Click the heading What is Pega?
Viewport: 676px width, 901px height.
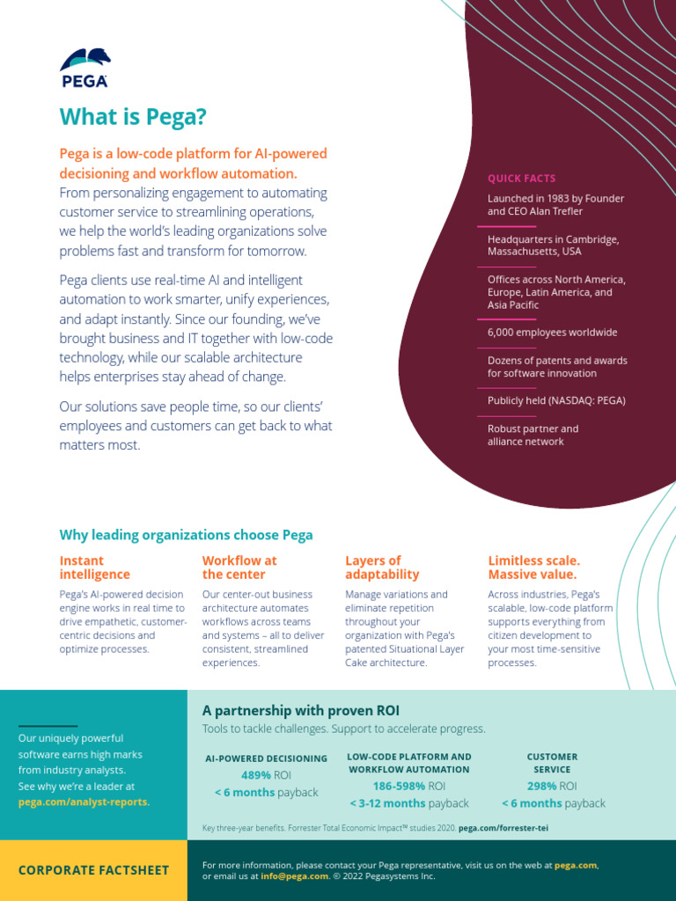pos(133,117)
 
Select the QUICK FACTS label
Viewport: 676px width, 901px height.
pos(521,179)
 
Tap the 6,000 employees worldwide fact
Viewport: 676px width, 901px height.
pos(552,333)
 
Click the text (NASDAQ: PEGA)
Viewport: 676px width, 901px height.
pos(586,400)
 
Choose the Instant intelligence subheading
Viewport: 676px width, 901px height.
pos(94,568)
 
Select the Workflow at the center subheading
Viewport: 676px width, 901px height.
pos(239,568)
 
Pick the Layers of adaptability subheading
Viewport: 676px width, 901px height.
pos(381,568)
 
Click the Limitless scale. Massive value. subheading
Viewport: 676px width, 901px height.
pos(533,568)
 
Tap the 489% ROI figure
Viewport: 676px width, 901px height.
pos(266,775)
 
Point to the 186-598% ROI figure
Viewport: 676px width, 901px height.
pos(408,786)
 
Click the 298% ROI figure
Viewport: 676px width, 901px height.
pos(552,786)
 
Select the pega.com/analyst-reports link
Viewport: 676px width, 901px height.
pos(84,802)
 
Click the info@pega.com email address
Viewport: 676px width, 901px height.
pos(295,876)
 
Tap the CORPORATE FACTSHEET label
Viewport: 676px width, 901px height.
pos(93,870)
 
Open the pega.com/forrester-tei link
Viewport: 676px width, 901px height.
pos(503,828)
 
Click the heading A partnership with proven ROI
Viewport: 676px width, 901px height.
pos(301,711)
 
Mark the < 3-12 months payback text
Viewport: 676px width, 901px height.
pos(408,803)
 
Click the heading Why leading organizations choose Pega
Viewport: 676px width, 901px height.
pos(186,535)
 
